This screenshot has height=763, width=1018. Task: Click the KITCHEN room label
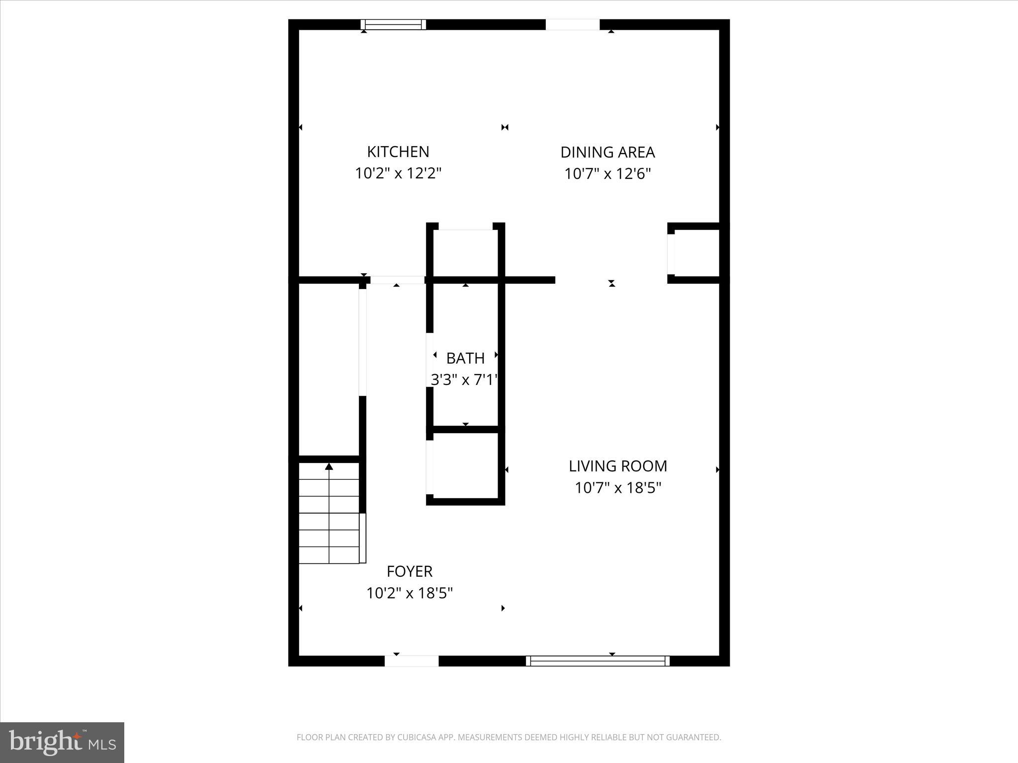[398, 152]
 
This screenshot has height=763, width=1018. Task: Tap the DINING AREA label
[607, 152]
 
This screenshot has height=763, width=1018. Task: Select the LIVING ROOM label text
[617, 466]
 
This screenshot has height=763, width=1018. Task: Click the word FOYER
[409, 571]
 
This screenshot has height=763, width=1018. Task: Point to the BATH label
[465, 358]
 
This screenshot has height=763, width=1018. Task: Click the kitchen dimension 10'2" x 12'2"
[398, 173]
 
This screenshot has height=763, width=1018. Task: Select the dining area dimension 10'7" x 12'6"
[607, 174]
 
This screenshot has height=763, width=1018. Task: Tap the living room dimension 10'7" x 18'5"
[617, 488]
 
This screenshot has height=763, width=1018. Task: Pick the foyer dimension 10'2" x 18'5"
[409, 593]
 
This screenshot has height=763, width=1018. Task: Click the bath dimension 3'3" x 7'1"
[464, 380]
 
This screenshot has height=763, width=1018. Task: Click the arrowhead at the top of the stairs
[329, 466]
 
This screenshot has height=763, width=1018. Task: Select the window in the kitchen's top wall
[393, 24]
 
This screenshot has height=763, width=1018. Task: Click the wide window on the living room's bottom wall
[597, 661]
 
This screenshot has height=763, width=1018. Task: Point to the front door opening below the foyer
[412, 661]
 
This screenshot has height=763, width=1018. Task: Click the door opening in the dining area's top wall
[573, 24]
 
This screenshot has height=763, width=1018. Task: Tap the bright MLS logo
[62, 742]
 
